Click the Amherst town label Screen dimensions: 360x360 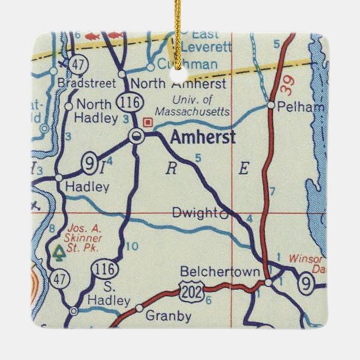(x=203, y=137)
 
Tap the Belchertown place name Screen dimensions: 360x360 (x=220, y=272)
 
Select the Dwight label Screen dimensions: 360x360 (x=194, y=212)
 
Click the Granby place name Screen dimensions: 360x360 (x=168, y=316)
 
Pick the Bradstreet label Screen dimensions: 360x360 (x=87, y=84)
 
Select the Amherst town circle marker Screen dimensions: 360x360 (x=136, y=135)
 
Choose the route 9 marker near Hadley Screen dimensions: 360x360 (x=89, y=163)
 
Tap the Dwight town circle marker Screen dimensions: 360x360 (x=224, y=213)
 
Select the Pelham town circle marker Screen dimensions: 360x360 (x=271, y=105)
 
